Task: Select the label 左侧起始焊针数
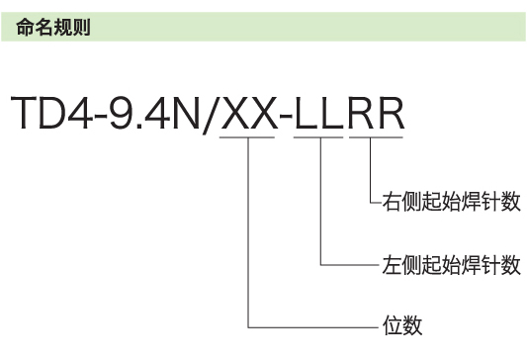(451, 265)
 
